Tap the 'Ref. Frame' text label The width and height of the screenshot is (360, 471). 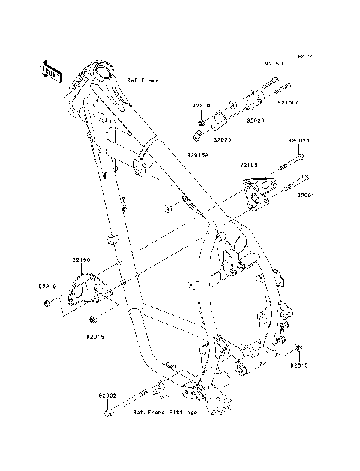tap(142, 79)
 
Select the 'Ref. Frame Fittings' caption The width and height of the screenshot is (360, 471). tap(165, 412)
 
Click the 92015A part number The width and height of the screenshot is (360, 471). tap(197, 153)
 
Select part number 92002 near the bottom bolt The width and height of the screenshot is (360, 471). tap(106, 394)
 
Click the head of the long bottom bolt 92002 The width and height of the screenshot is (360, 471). tap(110, 412)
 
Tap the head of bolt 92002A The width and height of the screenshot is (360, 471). tap(300, 156)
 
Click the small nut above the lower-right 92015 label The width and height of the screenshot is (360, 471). tap(298, 346)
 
